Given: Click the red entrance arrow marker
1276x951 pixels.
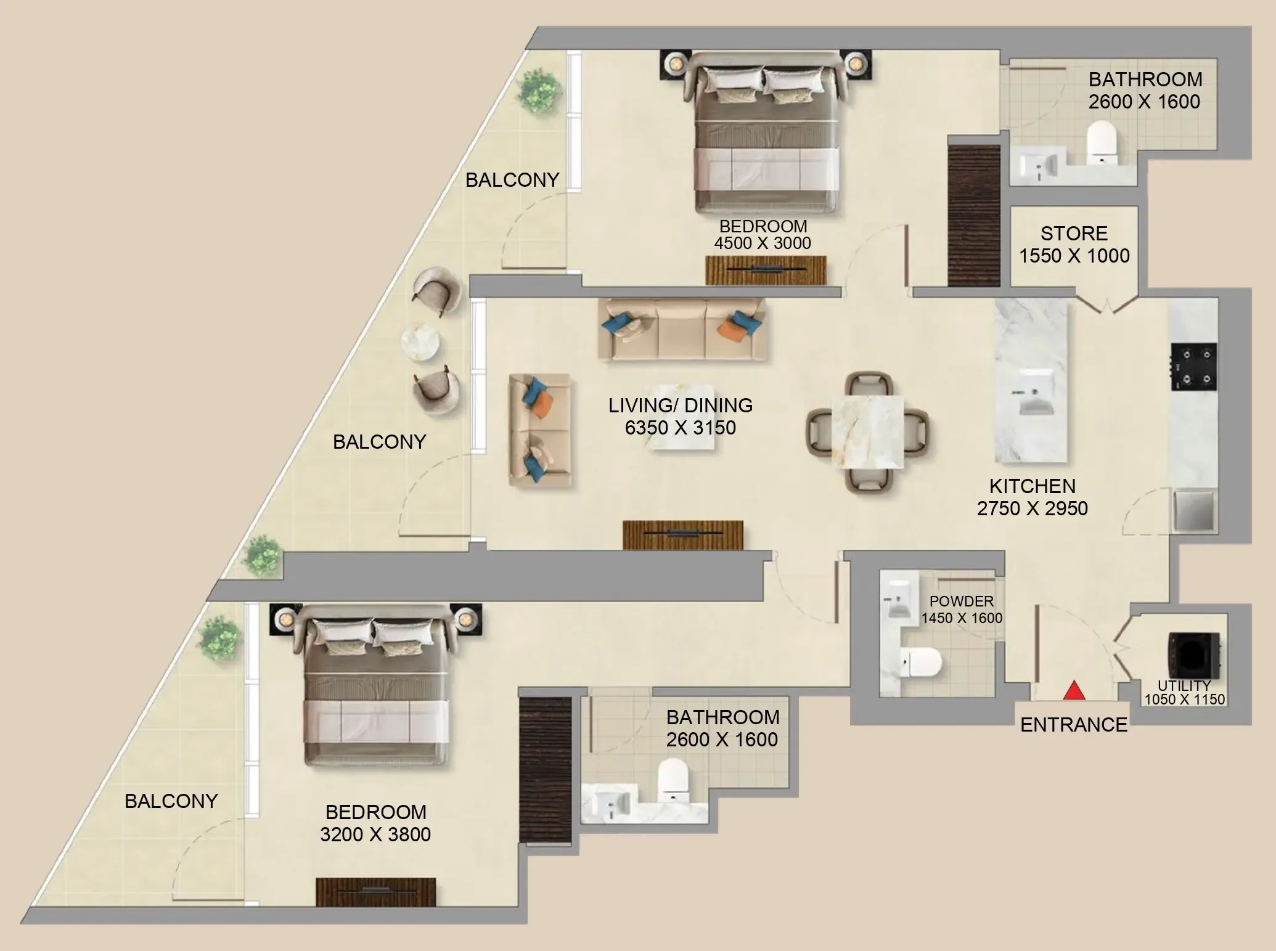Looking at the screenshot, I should click(1074, 690).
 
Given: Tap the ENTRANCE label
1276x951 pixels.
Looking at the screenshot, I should click(1073, 724).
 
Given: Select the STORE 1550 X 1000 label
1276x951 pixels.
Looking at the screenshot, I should click(1074, 245).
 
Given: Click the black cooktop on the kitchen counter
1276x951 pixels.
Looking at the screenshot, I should click(1194, 367).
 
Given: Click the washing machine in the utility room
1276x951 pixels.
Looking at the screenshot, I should click(1193, 655).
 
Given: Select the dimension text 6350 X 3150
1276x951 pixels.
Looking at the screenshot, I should click(680, 428).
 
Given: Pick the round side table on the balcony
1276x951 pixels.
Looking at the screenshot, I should click(420, 342).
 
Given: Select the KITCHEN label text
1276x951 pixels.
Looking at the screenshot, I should click(1032, 486).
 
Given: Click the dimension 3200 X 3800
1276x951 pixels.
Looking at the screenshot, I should click(375, 835).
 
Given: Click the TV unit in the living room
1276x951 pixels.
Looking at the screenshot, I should click(682, 534).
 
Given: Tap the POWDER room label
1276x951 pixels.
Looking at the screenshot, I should click(961, 601).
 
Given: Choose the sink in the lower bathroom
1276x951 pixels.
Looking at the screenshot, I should click(607, 802).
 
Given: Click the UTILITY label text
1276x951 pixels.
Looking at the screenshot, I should click(1184, 685).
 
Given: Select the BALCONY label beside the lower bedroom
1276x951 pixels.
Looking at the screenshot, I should click(171, 801).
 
